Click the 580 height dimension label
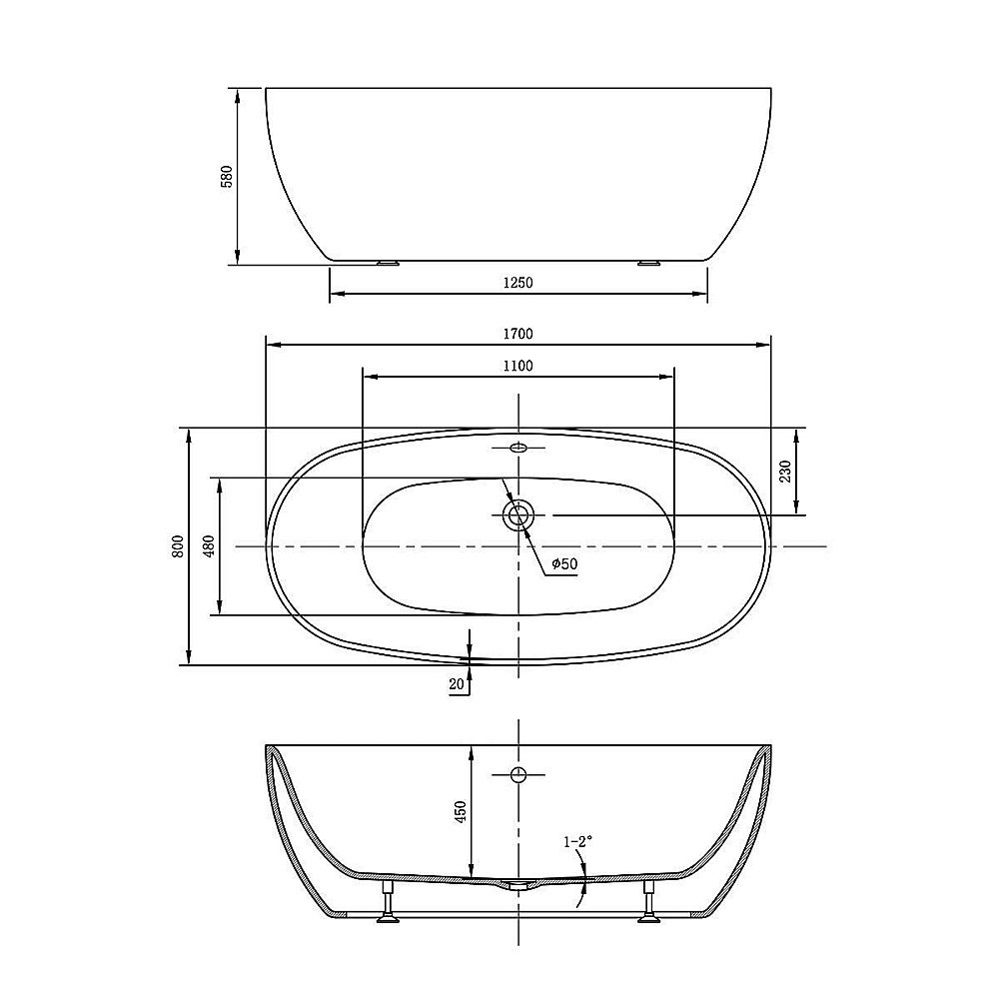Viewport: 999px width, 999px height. pyautogui.click(x=227, y=177)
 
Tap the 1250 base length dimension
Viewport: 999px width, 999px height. pyautogui.click(x=517, y=283)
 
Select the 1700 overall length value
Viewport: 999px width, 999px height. pyautogui.click(x=517, y=334)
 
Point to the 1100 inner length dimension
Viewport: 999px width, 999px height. pyautogui.click(x=517, y=366)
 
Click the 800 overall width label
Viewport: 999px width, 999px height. pyautogui.click(x=178, y=546)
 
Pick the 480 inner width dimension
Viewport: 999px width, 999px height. pyautogui.click(x=210, y=546)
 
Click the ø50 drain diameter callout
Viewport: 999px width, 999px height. pyautogui.click(x=564, y=563)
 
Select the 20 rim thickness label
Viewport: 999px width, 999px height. pyautogui.click(x=457, y=684)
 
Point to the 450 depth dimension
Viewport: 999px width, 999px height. pyautogui.click(x=461, y=811)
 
